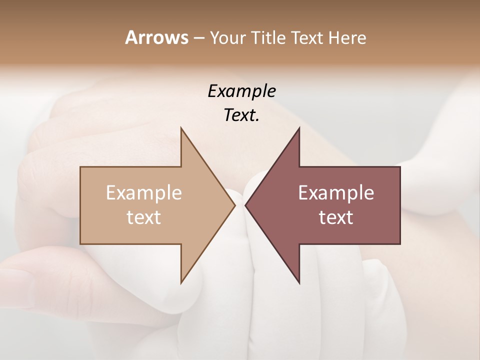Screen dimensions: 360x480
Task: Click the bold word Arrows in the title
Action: pyautogui.click(x=156, y=37)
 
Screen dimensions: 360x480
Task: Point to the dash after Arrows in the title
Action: pyautogui.click(x=198, y=38)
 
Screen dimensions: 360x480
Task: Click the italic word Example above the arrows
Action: pyautogui.click(x=241, y=91)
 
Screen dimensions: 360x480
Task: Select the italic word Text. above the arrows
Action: pyautogui.click(x=241, y=115)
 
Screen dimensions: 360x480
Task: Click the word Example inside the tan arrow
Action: pyautogui.click(x=144, y=193)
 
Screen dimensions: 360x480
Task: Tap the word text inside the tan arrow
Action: pyautogui.click(x=144, y=217)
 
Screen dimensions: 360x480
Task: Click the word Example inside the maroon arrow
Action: pyautogui.click(x=336, y=193)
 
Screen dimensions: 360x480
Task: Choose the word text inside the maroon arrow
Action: pyautogui.click(x=336, y=217)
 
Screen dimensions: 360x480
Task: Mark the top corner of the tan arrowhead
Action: pyautogui.click(x=181, y=128)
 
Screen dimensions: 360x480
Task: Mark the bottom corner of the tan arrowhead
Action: pyautogui.click(x=181, y=283)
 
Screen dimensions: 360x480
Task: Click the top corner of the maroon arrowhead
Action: pyautogui.click(x=299, y=128)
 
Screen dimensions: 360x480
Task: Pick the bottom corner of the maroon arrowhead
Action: pyautogui.click(x=299, y=283)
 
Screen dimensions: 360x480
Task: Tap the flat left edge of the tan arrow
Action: pyautogui.click(x=80, y=205)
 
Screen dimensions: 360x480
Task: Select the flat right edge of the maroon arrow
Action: pyautogui.click(x=400, y=205)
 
